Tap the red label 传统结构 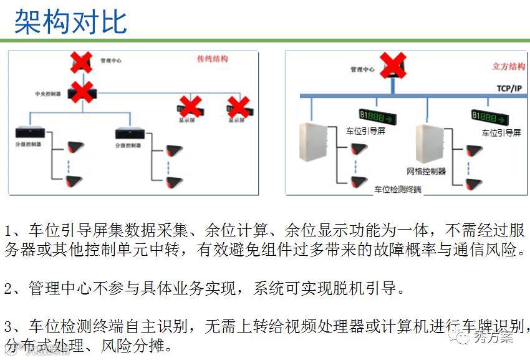pyautogui.click(x=212, y=59)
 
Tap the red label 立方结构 pyautogui.click(x=508, y=66)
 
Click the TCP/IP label pyautogui.click(x=509, y=88)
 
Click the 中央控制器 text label pyautogui.click(x=48, y=94)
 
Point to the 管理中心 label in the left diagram pyautogui.click(x=111, y=61)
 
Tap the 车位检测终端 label pyautogui.click(x=398, y=188)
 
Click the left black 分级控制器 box pyautogui.click(x=28, y=132)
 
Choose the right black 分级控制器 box pyautogui.click(x=128, y=132)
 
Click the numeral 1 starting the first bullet pyautogui.click(x=7, y=231)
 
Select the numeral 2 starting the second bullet pyautogui.click(x=7, y=289)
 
